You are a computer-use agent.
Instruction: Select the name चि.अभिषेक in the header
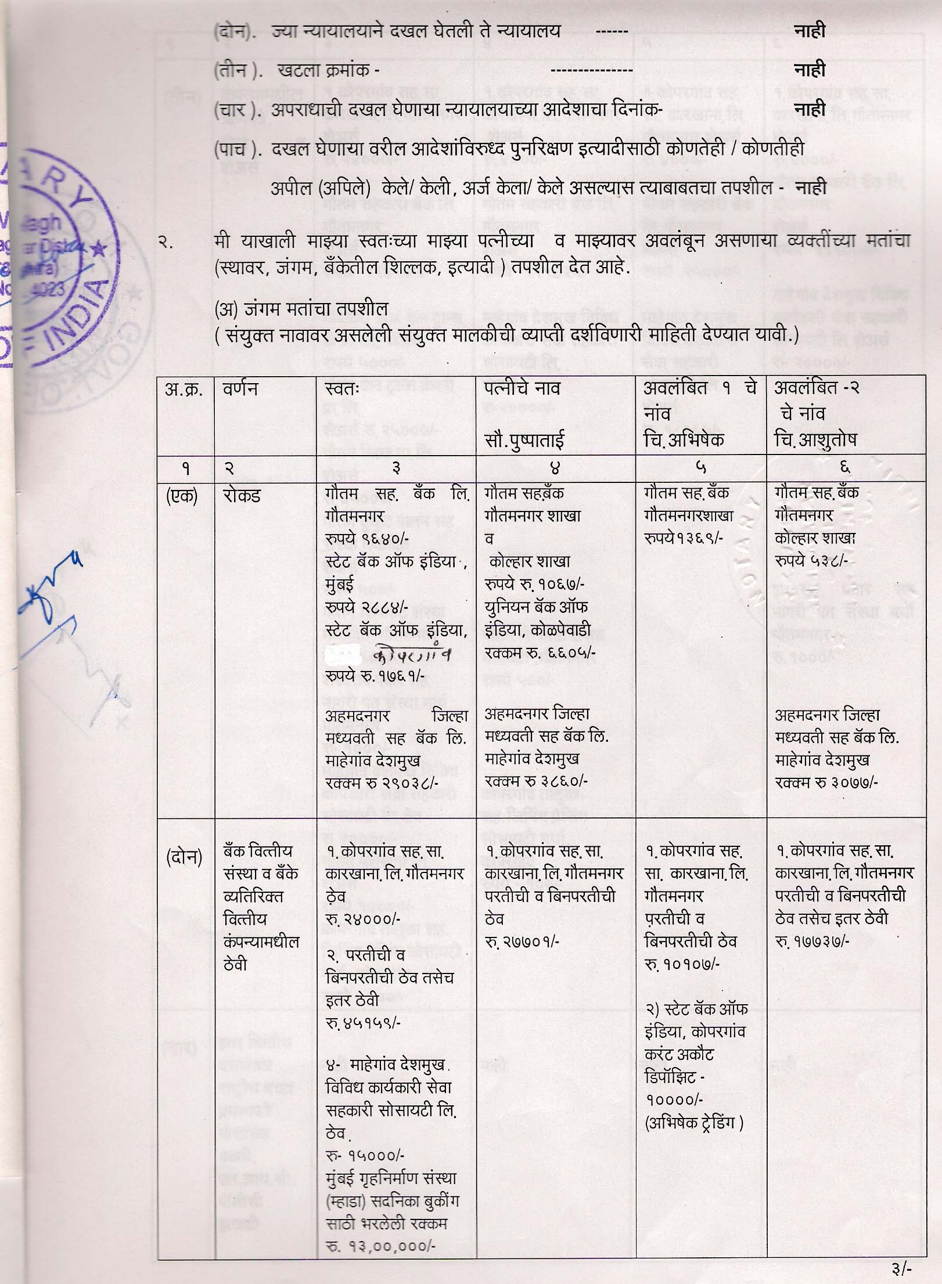[x=684, y=439]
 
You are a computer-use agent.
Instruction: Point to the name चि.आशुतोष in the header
[x=815, y=439]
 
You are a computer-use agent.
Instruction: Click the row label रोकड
[x=242, y=495]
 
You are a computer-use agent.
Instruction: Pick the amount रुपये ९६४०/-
[x=367, y=539]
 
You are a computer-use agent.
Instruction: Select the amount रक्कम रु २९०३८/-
[x=382, y=782]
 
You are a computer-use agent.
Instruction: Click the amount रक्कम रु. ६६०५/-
[x=540, y=653]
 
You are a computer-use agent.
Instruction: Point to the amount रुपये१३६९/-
[x=683, y=538]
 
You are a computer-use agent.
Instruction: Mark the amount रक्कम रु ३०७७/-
[x=826, y=782]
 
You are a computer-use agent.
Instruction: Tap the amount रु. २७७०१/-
[x=522, y=942]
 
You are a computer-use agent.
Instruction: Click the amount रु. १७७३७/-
[x=812, y=941]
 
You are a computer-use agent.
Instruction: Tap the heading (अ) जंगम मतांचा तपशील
[x=301, y=308]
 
